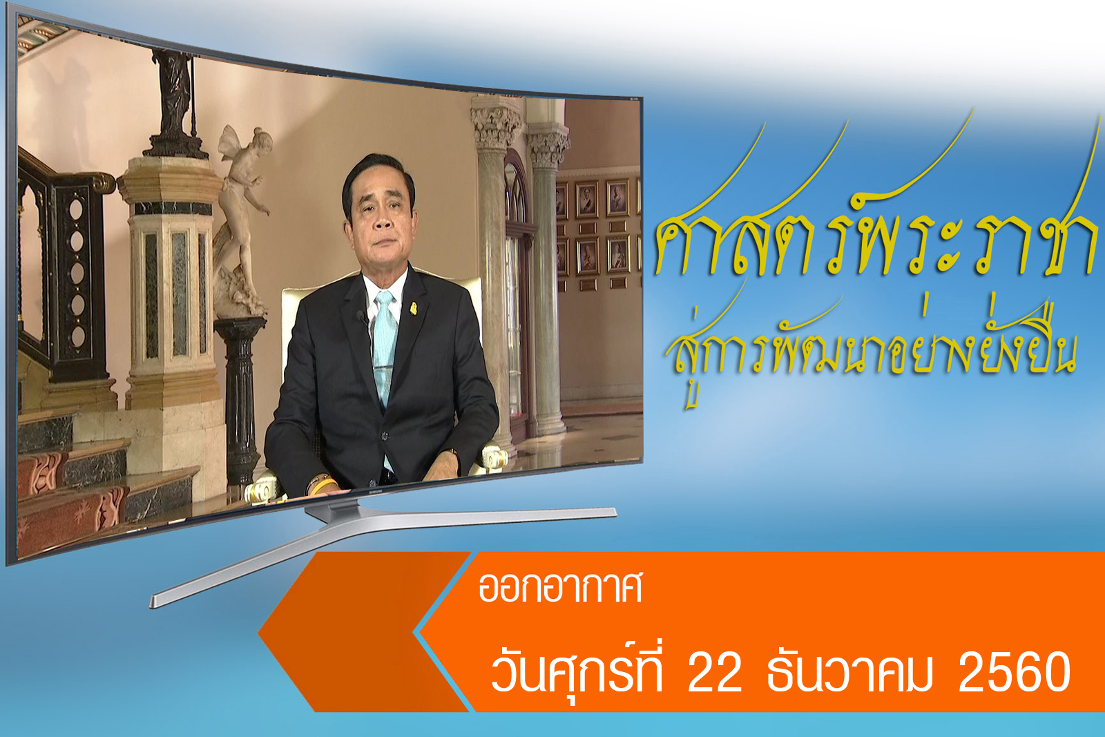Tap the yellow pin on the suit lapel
414,309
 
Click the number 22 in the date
715,673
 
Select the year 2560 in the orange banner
1015,673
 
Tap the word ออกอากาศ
560,588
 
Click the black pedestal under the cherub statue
240,399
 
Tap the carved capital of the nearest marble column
497,125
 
